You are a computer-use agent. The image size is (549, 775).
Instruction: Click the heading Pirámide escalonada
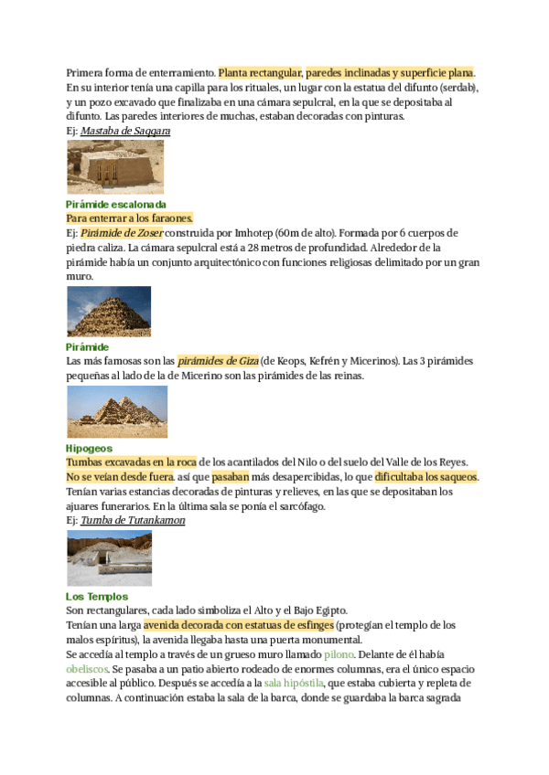pos(116,205)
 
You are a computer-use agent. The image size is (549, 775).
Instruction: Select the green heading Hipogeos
pos(90,449)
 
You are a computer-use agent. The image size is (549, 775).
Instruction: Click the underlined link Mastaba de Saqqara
pos(125,132)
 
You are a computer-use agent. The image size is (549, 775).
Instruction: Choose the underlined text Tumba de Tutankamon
pos(133,521)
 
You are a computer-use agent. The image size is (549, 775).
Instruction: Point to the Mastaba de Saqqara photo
pos(115,166)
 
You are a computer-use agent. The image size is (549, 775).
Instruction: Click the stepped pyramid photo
pos(109,312)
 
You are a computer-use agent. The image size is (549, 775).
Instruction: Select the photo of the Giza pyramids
pos(117,411)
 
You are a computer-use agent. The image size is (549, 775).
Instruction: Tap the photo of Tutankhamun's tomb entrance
pos(110,557)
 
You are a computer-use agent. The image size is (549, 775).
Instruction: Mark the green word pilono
pos(339,654)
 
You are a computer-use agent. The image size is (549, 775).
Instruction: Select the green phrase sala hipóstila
pos(294,684)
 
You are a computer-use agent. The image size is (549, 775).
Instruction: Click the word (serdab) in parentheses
pos(457,87)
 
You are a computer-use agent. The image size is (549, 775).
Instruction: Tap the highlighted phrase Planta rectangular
pos(261,72)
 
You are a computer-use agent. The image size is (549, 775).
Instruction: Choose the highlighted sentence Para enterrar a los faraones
pos(129,219)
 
